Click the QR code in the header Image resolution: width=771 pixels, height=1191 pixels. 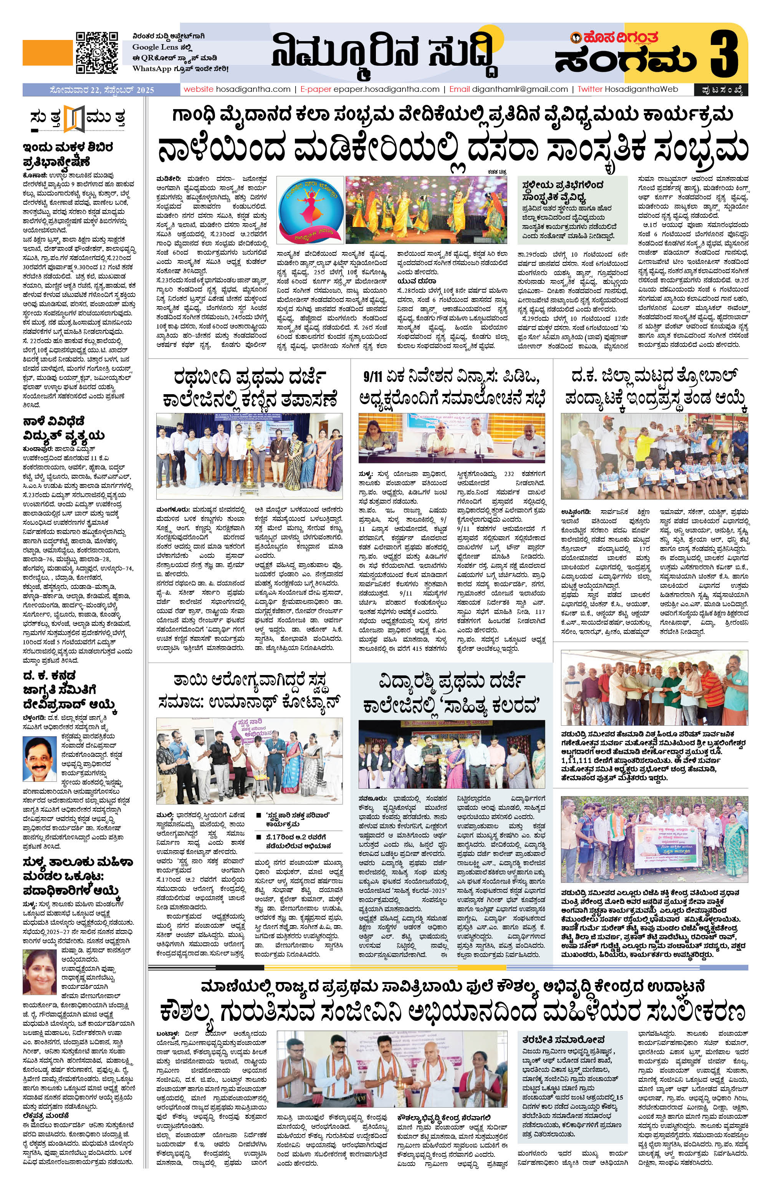(x=97, y=53)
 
